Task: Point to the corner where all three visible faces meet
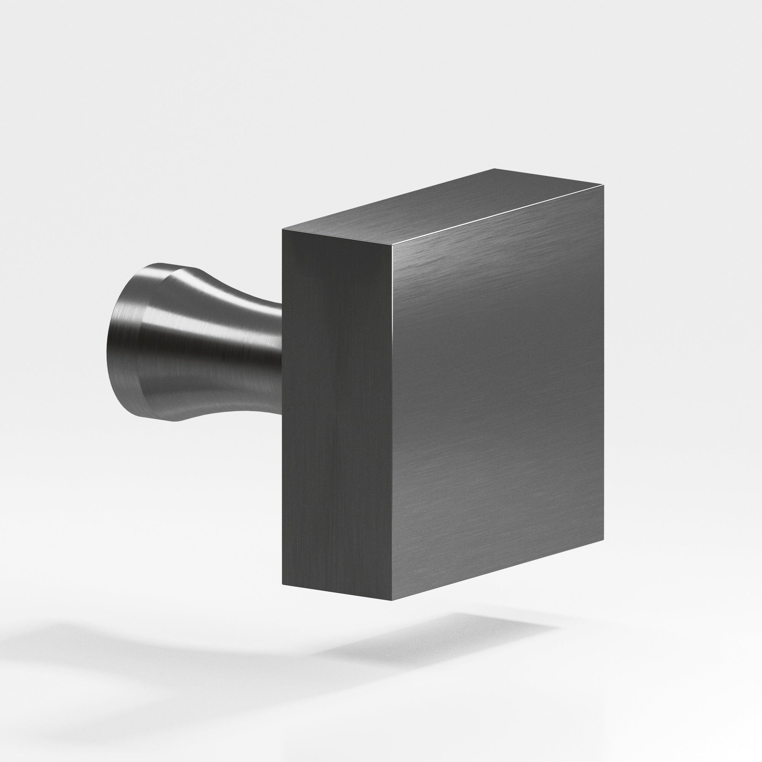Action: click(x=393, y=245)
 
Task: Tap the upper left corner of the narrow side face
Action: click(x=282, y=229)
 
